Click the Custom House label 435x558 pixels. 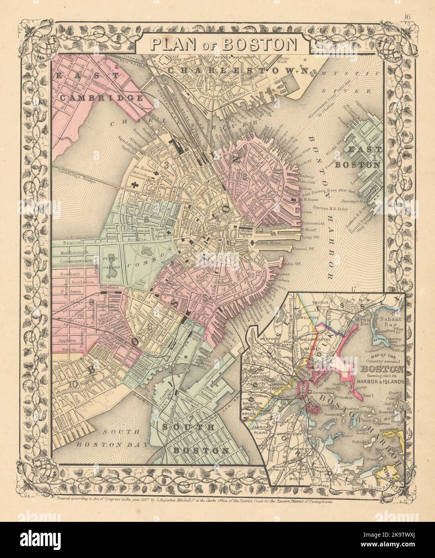tap(270, 243)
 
